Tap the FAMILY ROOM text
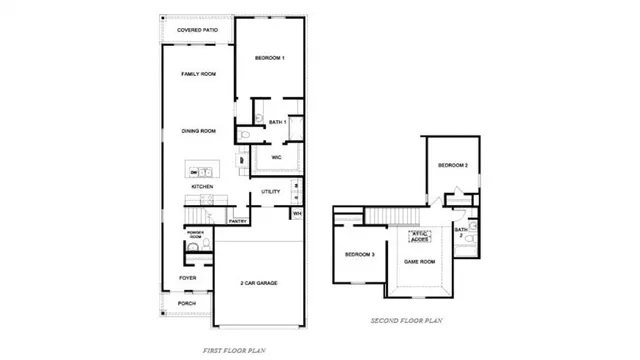(197, 74)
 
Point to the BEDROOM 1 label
(269, 58)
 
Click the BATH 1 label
(277, 121)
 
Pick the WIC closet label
(275, 157)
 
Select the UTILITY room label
(270, 191)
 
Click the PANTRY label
(238, 221)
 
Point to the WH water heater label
(296, 213)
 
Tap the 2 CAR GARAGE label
(258, 283)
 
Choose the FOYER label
(187, 277)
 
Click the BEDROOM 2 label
(453, 165)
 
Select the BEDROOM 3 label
(360, 255)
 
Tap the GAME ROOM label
(419, 261)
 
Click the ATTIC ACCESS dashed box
(419, 237)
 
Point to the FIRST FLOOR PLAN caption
(235, 350)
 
